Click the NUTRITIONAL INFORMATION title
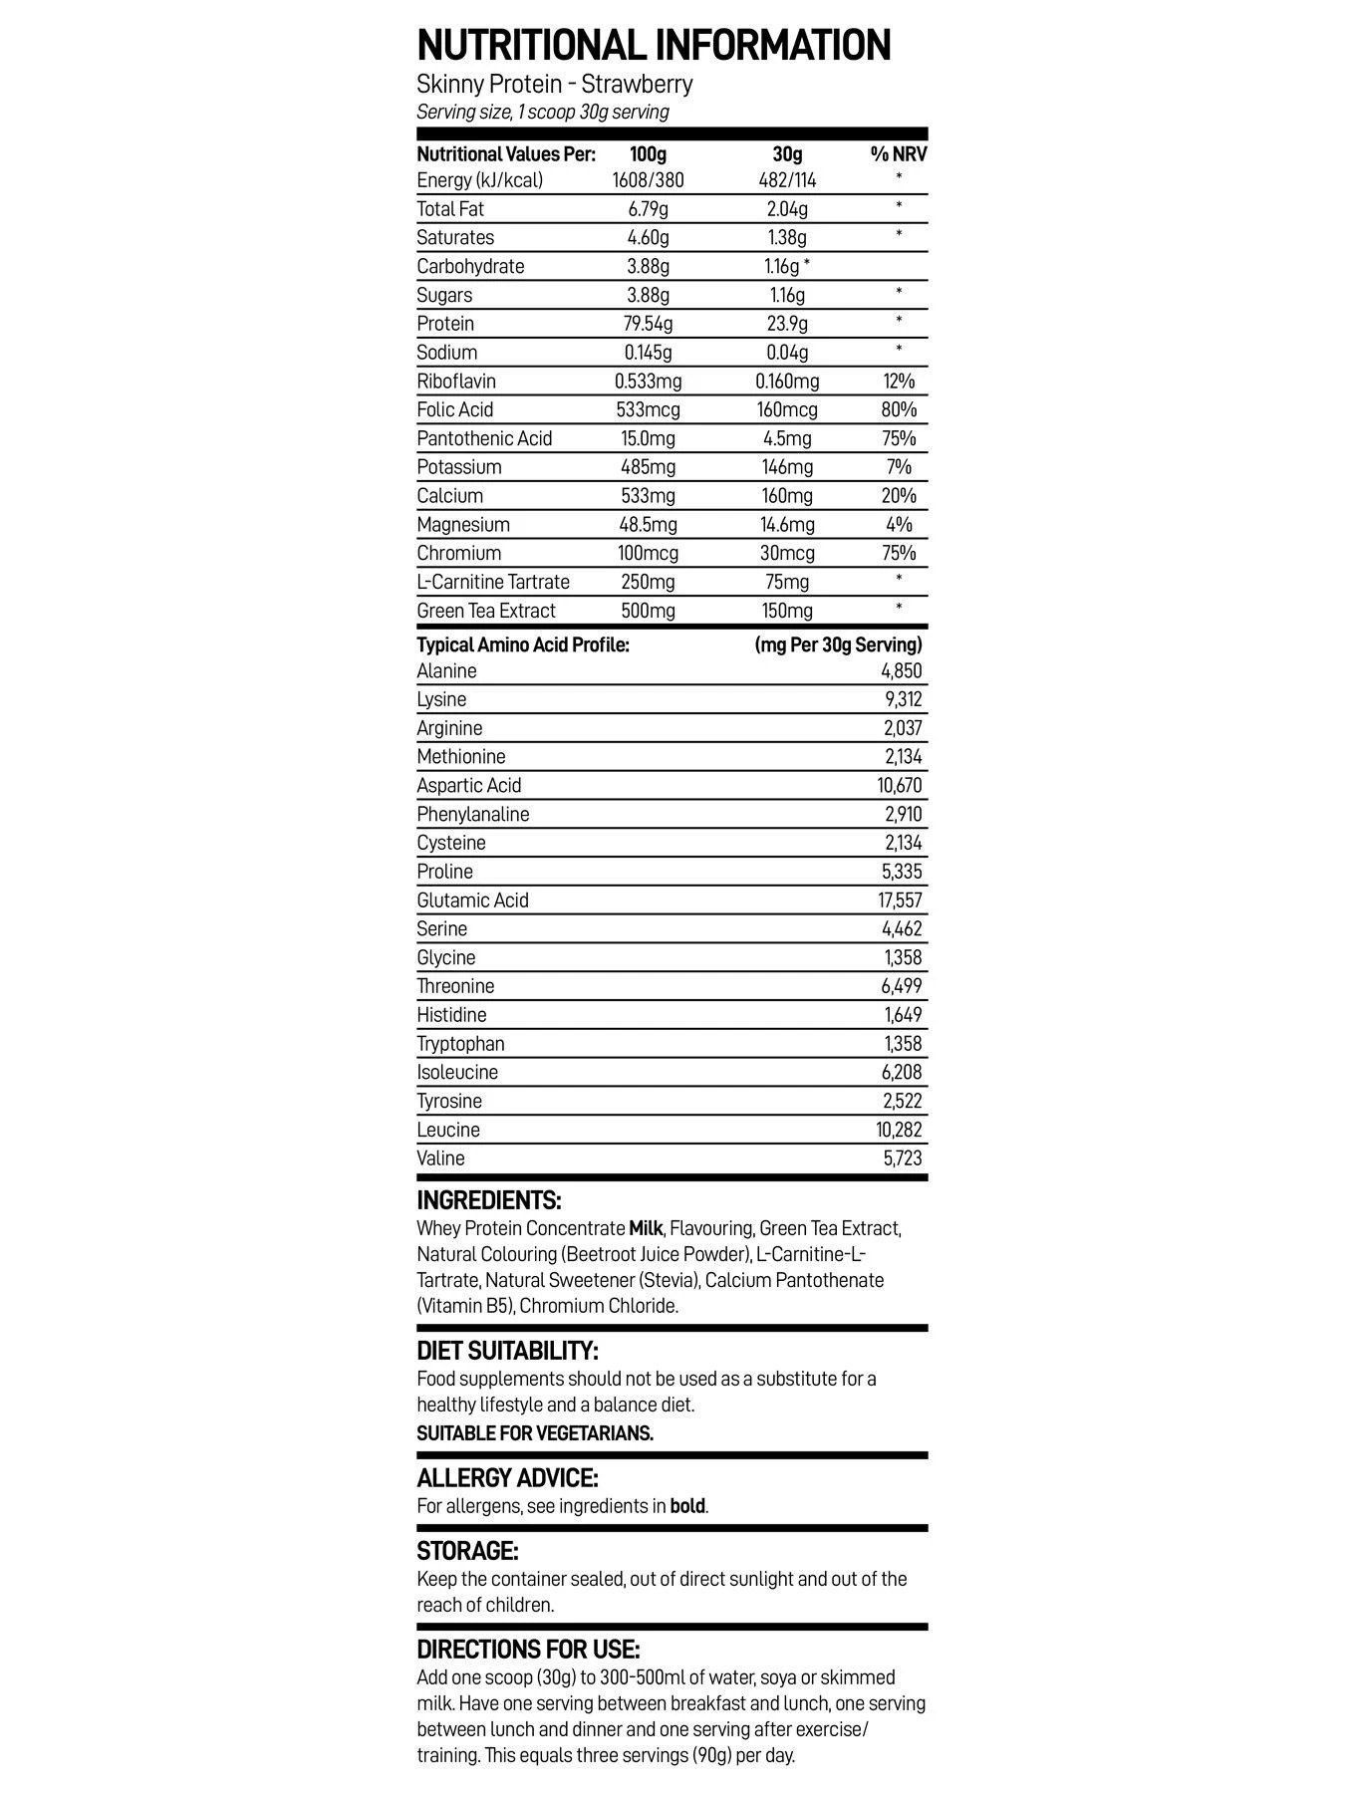click(x=654, y=46)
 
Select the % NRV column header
click(x=899, y=154)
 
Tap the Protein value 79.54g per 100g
click(x=648, y=324)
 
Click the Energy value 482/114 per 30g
click(x=787, y=180)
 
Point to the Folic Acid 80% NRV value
click(x=899, y=409)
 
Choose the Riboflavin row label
click(x=456, y=382)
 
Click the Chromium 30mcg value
click(x=787, y=553)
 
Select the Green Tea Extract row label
click(x=486, y=611)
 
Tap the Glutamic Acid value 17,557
click(x=900, y=900)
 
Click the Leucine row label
click(x=448, y=1130)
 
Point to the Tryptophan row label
click(x=460, y=1044)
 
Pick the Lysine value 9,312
click(x=903, y=699)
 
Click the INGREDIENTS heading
click(x=489, y=1200)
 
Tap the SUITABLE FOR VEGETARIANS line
click(x=535, y=1433)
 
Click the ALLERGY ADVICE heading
click(x=507, y=1478)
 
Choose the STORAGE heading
click(x=467, y=1551)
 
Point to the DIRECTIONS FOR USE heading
click(x=528, y=1650)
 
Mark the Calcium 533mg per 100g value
click(x=648, y=496)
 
